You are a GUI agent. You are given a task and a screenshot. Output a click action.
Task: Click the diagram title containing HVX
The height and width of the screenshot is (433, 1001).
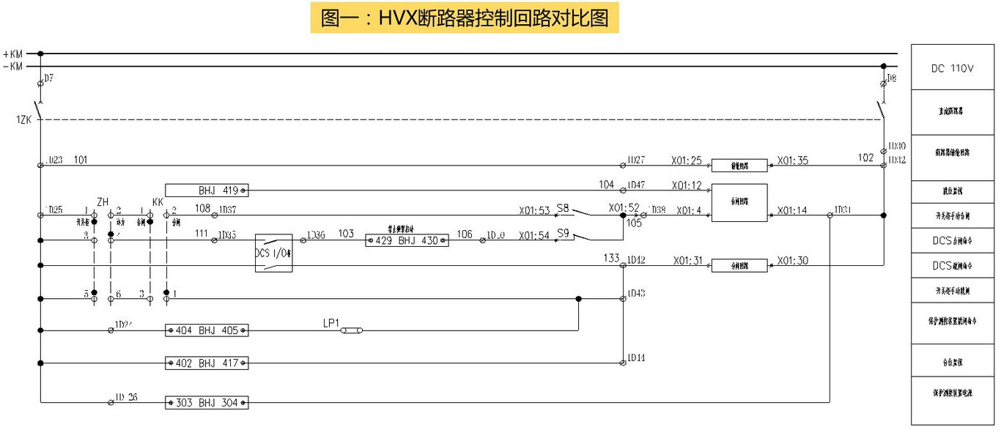point(465,18)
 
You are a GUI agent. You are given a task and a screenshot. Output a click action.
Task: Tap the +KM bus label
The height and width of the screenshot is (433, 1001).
point(13,53)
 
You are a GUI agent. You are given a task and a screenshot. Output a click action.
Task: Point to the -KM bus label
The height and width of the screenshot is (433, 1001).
point(13,66)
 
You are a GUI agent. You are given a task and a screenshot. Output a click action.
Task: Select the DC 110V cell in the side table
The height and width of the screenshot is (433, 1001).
point(952,69)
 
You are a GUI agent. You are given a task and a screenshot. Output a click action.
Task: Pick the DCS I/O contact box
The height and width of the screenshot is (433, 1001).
point(273,253)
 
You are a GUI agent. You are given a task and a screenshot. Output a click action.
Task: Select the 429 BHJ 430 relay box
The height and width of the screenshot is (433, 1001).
point(407,240)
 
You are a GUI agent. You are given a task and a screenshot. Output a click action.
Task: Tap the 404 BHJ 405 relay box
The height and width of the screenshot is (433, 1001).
point(207,330)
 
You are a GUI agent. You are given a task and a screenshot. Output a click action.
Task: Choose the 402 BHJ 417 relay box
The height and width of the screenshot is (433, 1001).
point(207,363)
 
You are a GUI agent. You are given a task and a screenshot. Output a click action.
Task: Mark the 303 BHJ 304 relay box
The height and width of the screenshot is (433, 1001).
point(207,402)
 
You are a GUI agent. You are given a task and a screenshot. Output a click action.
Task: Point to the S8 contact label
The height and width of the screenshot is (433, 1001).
point(563,208)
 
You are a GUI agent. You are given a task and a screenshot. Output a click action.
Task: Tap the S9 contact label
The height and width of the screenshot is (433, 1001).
point(563,233)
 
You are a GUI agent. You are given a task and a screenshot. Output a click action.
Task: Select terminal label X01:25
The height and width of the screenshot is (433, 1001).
point(687,160)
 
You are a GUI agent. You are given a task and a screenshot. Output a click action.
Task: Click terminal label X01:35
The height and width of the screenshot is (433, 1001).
point(793,160)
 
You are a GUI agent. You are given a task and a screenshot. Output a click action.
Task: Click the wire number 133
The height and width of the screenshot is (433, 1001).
point(611,258)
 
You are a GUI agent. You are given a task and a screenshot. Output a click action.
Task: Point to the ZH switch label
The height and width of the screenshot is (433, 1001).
point(103,202)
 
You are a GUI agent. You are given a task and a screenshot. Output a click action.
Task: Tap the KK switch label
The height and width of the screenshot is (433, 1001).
point(158,202)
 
